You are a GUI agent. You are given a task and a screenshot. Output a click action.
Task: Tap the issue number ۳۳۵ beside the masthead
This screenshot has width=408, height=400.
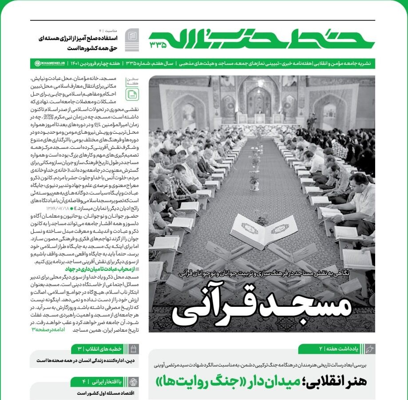(158, 44)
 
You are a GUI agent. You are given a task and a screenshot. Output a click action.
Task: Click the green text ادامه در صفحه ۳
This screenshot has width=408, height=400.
(48, 330)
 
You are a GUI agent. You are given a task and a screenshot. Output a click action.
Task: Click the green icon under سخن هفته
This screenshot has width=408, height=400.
(132, 94)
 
